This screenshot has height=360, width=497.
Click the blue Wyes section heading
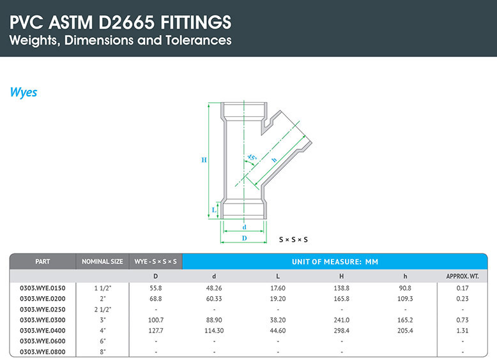click(x=24, y=93)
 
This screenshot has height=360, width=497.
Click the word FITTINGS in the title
click(x=196, y=22)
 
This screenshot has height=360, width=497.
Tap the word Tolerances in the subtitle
click(x=199, y=40)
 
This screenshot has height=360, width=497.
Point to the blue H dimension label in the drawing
click(x=204, y=160)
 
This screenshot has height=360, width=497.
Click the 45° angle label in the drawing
click(x=252, y=157)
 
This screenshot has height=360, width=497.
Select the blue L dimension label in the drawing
click(x=214, y=209)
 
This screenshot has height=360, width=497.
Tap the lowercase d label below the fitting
click(x=244, y=227)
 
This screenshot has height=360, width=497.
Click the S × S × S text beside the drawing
click(x=293, y=240)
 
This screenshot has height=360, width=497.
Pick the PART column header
click(x=42, y=262)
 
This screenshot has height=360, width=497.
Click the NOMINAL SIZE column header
click(x=102, y=262)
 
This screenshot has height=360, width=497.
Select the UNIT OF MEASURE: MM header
click(x=335, y=262)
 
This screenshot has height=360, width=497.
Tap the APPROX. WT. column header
click(x=463, y=276)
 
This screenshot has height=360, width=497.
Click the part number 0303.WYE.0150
click(x=42, y=288)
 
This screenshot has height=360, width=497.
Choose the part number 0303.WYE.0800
click(x=42, y=352)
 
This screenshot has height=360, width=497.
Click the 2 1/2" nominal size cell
click(x=103, y=310)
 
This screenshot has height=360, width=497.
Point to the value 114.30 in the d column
click(x=214, y=331)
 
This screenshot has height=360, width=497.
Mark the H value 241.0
click(x=341, y=320)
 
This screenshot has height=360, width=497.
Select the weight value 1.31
click(x=463, y=331)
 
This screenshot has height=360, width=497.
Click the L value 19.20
click(x=278, y=299)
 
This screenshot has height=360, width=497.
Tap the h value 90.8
click(x=405, y=288)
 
